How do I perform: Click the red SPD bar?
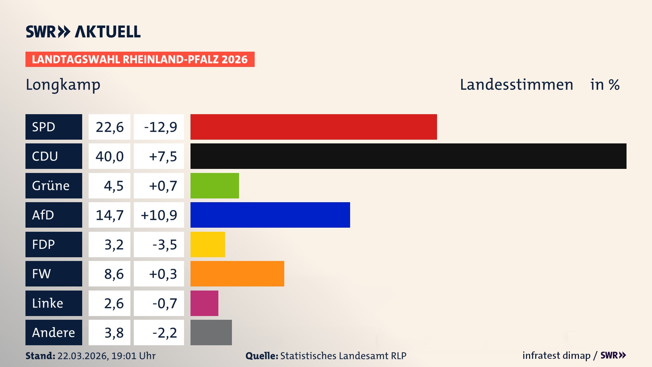point(313,127)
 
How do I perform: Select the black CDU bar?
point(408,156)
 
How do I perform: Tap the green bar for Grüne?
point(215,186)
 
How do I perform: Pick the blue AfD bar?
point(270,215)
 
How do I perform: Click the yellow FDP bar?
point(207,244)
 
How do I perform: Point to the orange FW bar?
point(237,274)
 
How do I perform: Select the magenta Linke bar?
point(204,303)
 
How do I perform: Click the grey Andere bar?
point(211,332)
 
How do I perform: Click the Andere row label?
point(54,332)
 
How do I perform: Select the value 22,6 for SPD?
point(109,127)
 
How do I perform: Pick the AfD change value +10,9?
point(159,215)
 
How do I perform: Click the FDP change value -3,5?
point(164,244)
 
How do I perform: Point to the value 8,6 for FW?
point(113,274)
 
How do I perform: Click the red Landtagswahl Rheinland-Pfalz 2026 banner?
point(140,59)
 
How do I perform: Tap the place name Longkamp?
point(63,85)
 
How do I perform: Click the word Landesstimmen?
point(516,85)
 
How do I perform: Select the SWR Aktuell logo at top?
point(83,32)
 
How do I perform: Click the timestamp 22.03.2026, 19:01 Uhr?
point(106,356)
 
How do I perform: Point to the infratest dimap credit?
point(556,355)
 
